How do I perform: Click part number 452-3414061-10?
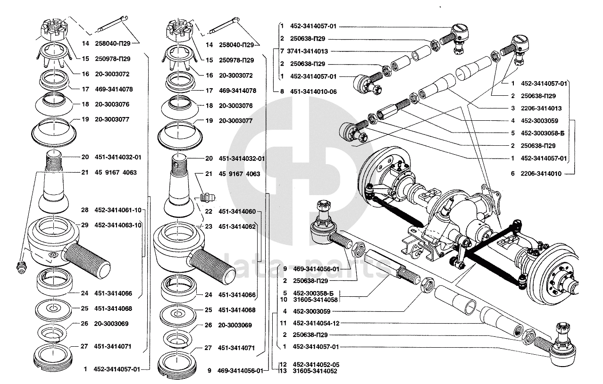(x=117, y=210)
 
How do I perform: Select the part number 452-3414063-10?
(x=117, y=225)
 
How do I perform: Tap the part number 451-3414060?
(x=237, y=212)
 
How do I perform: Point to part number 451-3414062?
(x=237, y=226)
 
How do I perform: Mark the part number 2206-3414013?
(x=541, y=108)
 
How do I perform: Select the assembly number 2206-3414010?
(x=541, y=174)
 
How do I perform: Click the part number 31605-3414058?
(x=315, y=300)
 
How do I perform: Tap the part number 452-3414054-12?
(x=316, y=323)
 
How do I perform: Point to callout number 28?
(x=84, y=210)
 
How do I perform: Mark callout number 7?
(x=282, y=51)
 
